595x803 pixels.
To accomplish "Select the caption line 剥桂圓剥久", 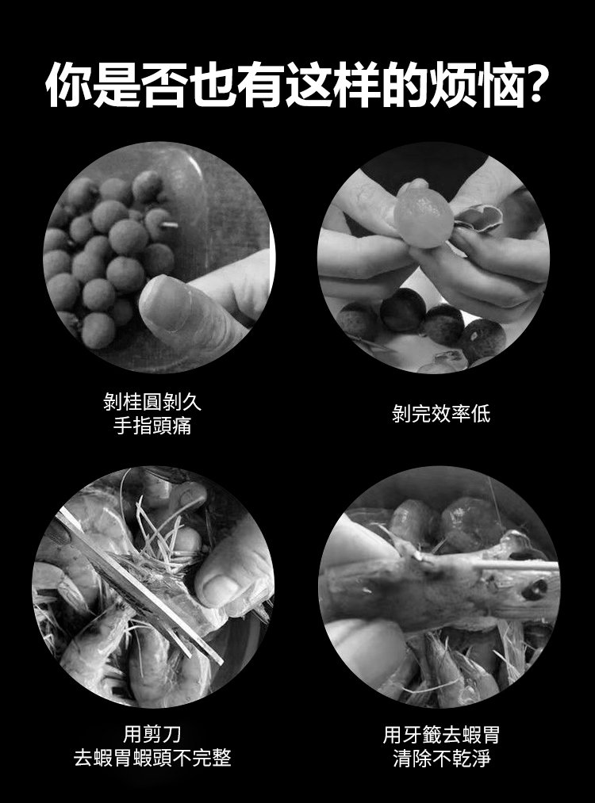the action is tap(152, 402).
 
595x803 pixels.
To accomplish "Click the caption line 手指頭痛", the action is tap(152, 426).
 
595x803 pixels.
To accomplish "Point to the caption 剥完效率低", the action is tap(441, 414).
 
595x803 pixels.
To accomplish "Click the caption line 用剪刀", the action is tap(152, 734).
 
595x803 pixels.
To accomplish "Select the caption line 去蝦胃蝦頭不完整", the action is tap(152, 758).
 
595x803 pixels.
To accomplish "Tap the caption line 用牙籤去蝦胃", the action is tap(441, 734).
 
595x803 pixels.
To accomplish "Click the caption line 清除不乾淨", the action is tap(441, 758).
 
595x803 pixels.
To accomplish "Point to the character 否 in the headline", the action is tap(164, 85).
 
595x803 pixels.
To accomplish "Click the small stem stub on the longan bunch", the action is tap(170, 224).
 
